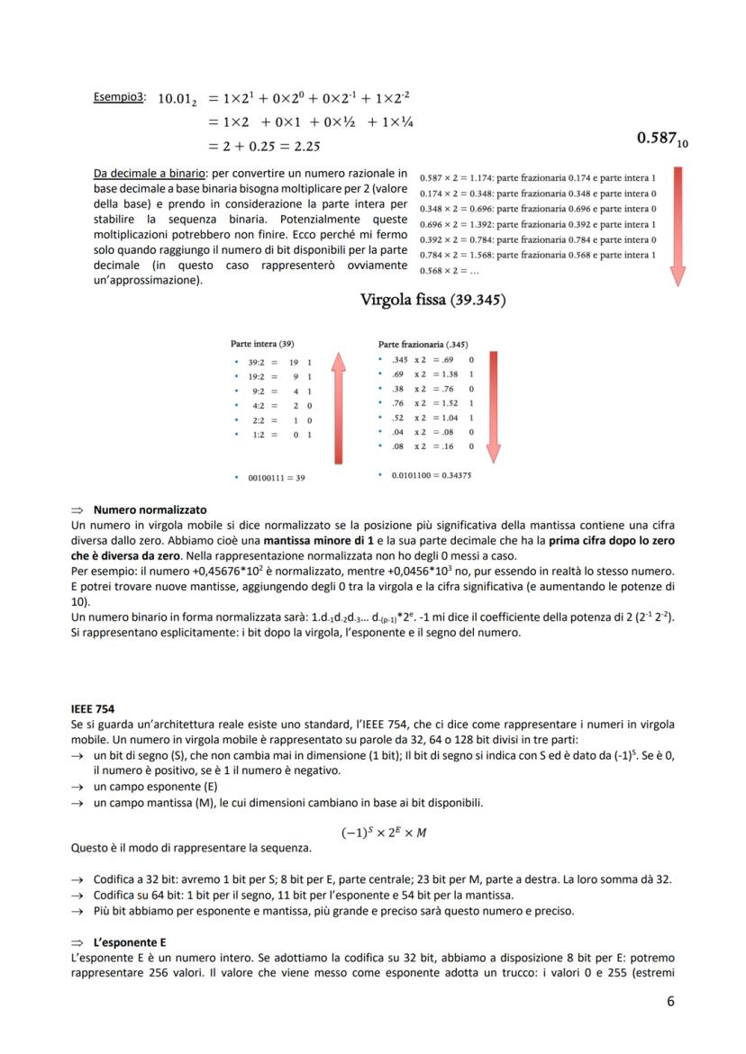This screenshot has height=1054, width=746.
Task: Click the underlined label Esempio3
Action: click(119, 96)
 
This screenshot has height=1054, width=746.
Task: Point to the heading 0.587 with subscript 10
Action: click(663, 139)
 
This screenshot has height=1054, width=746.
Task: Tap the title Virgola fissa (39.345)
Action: click(432, 299)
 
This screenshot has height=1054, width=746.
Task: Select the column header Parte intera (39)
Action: click(262, 344)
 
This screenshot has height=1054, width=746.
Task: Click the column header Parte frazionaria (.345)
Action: click(423, 344)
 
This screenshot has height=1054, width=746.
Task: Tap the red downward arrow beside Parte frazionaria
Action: click(494, 405)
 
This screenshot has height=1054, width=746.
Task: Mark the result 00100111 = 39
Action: click(276, 478)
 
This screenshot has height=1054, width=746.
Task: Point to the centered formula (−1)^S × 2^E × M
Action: click(384, 833)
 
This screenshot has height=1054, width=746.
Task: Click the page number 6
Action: click(669, 1001)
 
